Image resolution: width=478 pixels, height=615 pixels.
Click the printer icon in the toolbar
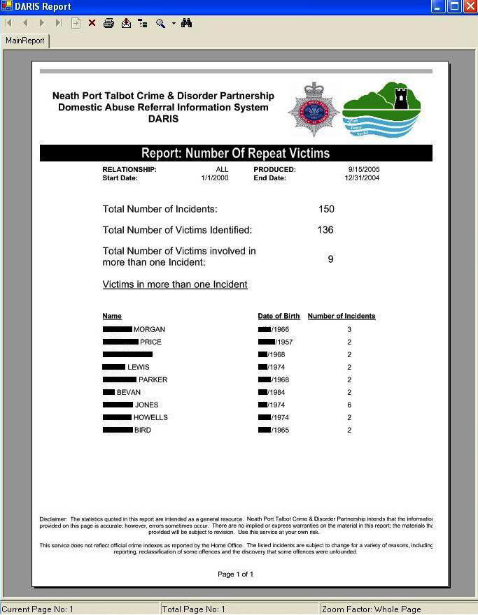[108, 23]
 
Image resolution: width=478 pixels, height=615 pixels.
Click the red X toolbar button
[92, 23]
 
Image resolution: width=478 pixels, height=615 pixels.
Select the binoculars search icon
[186, 23]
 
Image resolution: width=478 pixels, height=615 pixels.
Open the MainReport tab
[25, 41]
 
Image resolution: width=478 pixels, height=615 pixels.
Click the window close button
[469, 6]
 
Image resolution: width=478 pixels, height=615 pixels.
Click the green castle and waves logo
[382, 109]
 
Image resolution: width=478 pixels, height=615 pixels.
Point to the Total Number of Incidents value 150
[326, 209]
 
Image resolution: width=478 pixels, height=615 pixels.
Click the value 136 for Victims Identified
[325, 230]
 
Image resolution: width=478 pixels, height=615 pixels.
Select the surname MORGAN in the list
[149, 329]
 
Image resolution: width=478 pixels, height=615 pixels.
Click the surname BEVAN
[129, 392]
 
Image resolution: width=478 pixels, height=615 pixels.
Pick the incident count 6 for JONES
[349, 405]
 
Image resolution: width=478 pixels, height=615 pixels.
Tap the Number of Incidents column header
[342, 316]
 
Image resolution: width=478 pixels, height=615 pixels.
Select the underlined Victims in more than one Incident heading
[175, 284]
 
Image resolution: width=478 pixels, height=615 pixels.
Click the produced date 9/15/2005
[364, 170]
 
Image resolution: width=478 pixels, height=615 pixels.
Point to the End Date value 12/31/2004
[362, 178]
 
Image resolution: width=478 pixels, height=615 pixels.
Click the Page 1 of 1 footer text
[236, 574]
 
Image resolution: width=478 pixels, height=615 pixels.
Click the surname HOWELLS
[150, 417]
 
